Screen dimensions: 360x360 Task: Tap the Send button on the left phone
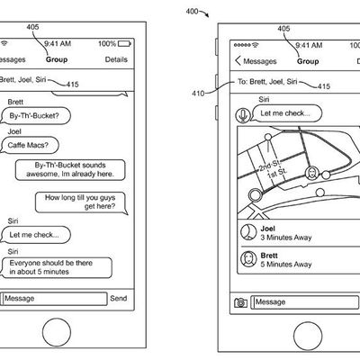(119, 298)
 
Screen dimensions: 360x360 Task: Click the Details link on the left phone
(116, 59)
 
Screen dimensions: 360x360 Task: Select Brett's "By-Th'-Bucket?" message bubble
(35, 116)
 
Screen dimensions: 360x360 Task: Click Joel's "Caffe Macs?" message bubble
(30, 145)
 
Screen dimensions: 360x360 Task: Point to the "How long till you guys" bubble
(81, 202)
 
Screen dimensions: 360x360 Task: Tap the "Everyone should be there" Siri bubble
(57, 267)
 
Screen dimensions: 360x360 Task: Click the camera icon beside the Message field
(240, 302)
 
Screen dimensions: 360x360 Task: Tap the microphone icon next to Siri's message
(243, 115)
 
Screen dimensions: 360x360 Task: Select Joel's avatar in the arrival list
(248, 232)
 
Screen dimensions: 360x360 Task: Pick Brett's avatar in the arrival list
(248, 259)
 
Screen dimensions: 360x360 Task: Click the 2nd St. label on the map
(269, 165)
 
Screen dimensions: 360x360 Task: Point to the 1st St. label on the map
(277, 174)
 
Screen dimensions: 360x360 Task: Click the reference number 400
(192, 12)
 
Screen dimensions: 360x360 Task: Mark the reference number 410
(198, 94)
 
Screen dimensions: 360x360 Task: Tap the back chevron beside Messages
(238, 60)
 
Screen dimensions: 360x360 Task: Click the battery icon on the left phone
(124, 44)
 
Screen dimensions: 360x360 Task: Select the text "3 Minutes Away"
(286, 238)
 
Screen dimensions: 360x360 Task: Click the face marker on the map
(311, 173)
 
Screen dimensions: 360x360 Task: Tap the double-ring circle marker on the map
(256, 194)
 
